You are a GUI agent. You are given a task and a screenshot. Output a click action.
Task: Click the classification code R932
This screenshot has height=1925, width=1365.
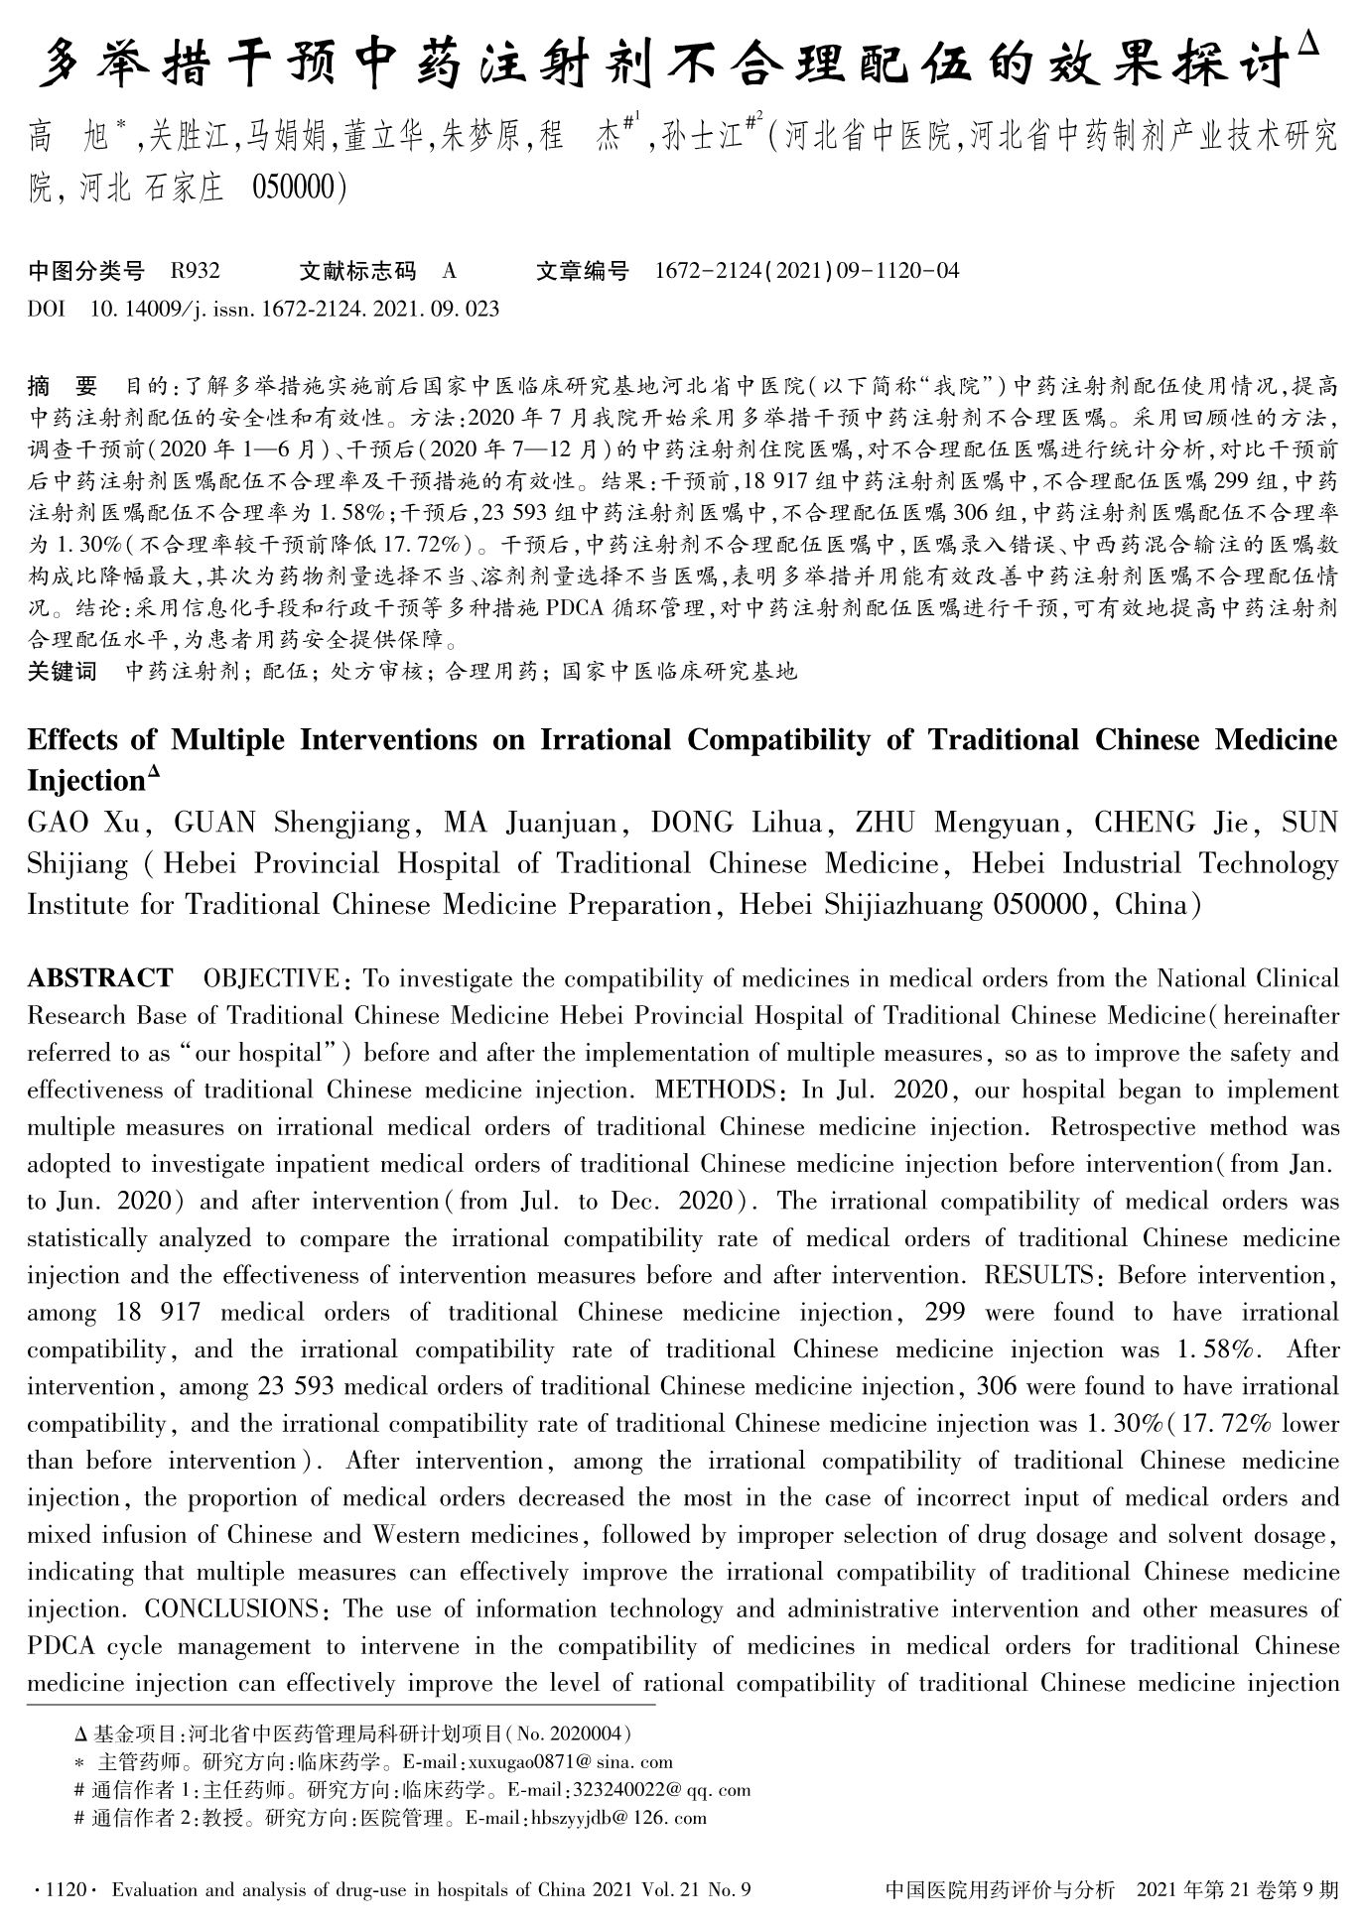[196, 271]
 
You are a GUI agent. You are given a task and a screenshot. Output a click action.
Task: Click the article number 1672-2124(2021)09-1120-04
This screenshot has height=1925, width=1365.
[807, 271]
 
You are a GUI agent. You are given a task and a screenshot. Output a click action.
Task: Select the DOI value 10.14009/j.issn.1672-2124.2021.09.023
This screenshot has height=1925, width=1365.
[295, 309]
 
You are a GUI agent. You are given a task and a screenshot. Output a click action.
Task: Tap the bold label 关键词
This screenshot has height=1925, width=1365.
[62, 672]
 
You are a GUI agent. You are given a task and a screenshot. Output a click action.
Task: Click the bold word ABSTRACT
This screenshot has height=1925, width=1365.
[99, 978]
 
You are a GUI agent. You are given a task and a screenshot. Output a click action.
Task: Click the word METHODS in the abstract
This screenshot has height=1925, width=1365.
[716, 1090]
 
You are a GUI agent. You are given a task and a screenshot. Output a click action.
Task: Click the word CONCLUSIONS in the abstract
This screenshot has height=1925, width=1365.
[230, 1608]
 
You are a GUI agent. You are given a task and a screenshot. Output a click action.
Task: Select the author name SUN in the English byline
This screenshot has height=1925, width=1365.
[1309, 823]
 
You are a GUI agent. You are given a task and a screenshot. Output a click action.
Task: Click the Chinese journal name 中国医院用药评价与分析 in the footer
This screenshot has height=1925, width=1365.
[999, 1890]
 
